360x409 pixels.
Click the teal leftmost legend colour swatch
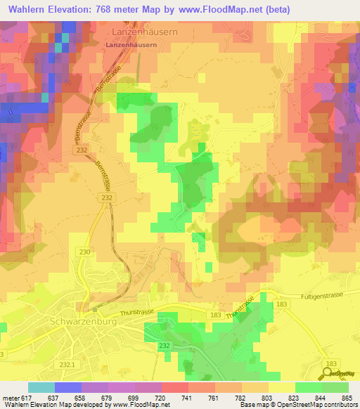[x=41, y=387]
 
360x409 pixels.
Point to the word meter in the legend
[x=11, y=397]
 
